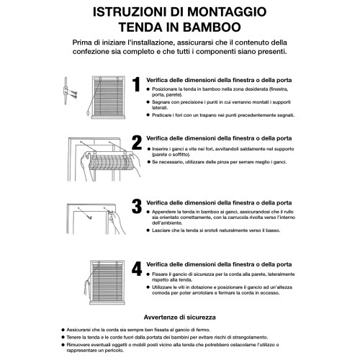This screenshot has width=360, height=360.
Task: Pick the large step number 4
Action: click(137, 271)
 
